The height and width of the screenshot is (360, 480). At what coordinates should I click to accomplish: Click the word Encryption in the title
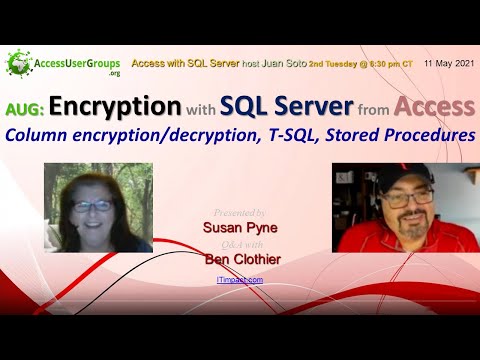(115, 107)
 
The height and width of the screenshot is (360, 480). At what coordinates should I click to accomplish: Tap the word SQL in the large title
(249, 107)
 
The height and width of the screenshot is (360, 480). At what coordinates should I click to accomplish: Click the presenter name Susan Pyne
(239, 227)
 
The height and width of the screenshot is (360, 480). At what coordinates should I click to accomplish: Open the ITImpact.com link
(240, 280)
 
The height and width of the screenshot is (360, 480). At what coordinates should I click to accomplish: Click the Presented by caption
(240, 212)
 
